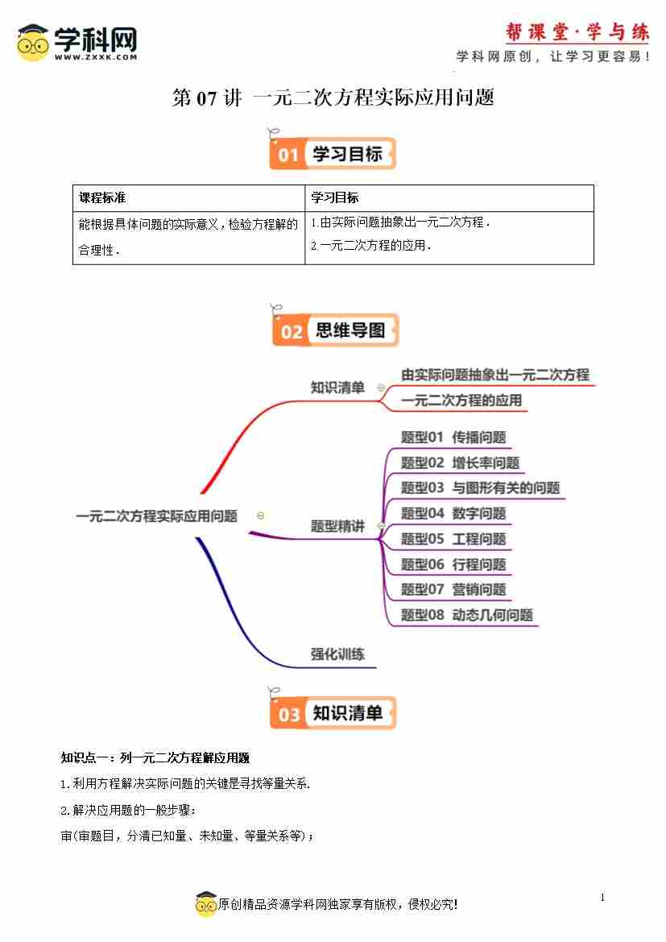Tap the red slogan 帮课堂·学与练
click(x=577, y=32)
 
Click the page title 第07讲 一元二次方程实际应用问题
click(x=333, y=98)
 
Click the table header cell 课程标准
click(x=102, y=197)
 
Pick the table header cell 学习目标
click(x=335, y=197)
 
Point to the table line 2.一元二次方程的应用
click(x=371, y=245)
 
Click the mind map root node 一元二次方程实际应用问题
click(x=157, y=516)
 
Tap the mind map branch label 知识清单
click(x=337, y=388)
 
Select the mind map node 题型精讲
click(x=337, y=526)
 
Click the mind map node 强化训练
click(x=337, y=654)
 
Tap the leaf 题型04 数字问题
click(x=453, y=513)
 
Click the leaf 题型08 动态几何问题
click(x=466, y=615)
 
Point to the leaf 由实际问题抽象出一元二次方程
click(x=494, y=375)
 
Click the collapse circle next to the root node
click(x=261, y=516)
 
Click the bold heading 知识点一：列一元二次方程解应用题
click(x=155, y=758)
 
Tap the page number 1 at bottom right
click(x=602, y=898)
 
